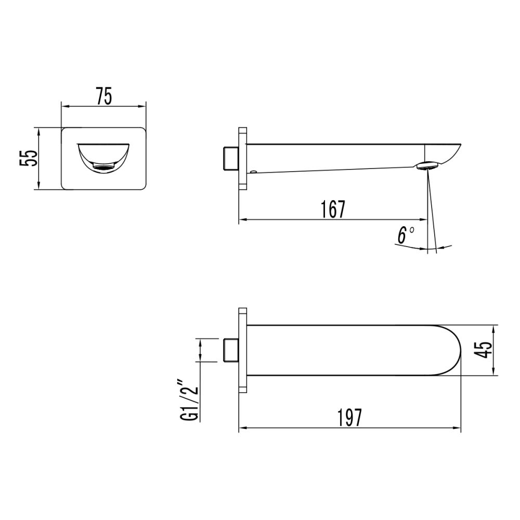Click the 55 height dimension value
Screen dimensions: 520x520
(x=29, y=158)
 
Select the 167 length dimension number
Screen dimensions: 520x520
(x=333, y=209)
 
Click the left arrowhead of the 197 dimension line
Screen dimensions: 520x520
(x=242, y=429)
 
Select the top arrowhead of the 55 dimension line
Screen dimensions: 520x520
(x=40, y=130)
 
